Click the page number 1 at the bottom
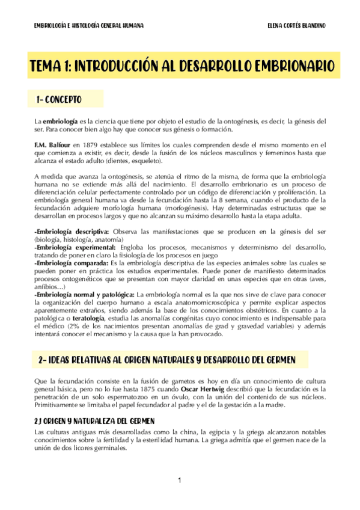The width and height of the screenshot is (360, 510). (x=179, y=480)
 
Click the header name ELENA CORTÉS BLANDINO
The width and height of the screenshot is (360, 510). (x=296, y=26)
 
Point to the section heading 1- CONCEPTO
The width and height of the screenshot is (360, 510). (x=59, y=99)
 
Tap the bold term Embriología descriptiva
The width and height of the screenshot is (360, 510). (x=72, y=231)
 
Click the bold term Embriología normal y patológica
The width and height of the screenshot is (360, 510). (x=85, y=293)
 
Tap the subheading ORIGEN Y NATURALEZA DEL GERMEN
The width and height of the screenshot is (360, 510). (x=99, y=421)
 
